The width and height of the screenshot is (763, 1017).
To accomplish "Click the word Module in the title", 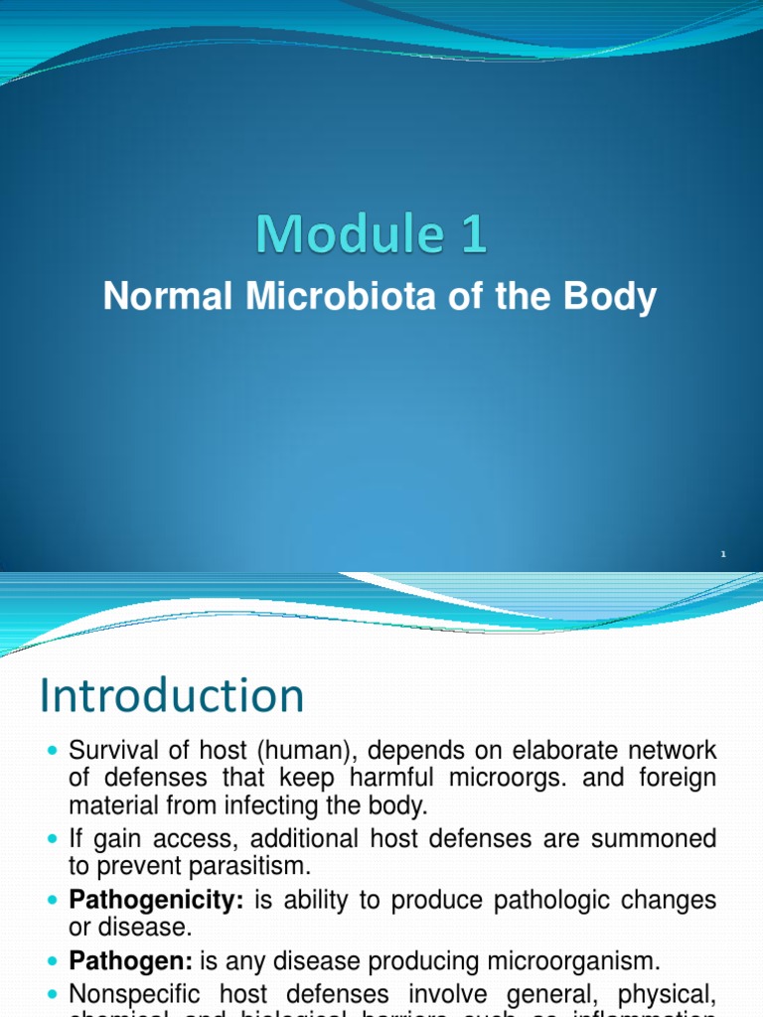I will [x=344, y=235].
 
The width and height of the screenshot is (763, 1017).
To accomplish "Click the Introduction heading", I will [x=172, y=696].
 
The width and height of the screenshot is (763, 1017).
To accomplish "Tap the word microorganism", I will [x=550, y=959].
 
